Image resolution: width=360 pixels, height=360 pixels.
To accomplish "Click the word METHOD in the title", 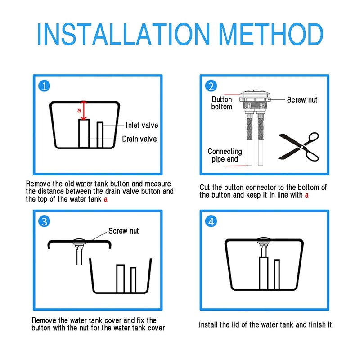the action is tap(271, 34).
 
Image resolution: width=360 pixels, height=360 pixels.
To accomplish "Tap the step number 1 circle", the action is tap(44, 86).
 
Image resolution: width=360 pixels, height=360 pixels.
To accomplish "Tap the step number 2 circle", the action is tap(211, 86).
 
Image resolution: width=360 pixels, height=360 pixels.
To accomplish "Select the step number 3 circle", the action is tap(44, 221).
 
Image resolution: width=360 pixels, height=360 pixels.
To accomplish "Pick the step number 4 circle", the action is tap(211, 221).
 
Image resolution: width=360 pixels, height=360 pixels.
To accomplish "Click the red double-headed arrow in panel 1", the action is tap(84, 110).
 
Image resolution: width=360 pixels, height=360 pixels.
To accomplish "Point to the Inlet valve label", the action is tap(142, 126).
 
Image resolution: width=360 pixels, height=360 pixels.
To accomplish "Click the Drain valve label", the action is tap(139, 139).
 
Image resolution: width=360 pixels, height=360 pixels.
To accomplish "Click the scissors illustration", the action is tap(299, 147).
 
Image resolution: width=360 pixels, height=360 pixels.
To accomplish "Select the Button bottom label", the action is tap(221, 103).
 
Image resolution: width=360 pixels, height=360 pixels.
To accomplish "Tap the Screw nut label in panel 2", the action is tap(302, 100).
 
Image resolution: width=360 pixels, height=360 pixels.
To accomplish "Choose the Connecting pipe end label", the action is tap(225, 155).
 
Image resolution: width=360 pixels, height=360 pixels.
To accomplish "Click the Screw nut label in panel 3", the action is tap(123, 231).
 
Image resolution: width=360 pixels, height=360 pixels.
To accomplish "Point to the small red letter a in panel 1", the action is tap(79, 111).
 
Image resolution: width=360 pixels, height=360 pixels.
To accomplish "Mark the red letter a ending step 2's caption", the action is tap(307, 195).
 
